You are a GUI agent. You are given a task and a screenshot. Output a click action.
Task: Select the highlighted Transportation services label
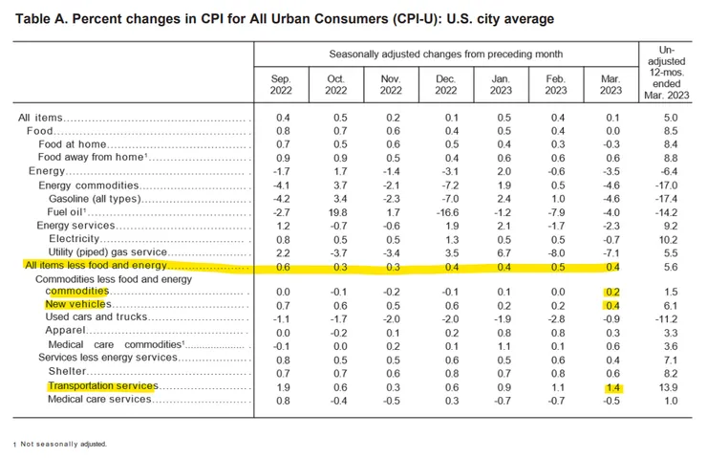pos(101,386)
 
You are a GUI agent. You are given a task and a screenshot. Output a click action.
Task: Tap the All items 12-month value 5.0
pos(672,118)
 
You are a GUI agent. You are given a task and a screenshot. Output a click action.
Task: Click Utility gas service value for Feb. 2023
pos(560,251)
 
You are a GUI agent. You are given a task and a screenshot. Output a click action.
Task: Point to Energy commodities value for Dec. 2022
pos(445,185)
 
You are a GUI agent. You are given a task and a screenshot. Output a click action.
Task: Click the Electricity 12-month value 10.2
pos(670,238)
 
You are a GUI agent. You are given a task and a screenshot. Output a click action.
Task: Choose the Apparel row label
pos(66,331)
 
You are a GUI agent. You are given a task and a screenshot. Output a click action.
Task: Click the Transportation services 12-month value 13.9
pos(670,386)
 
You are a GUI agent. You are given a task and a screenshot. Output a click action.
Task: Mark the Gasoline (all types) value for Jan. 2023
pos(503,198)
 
